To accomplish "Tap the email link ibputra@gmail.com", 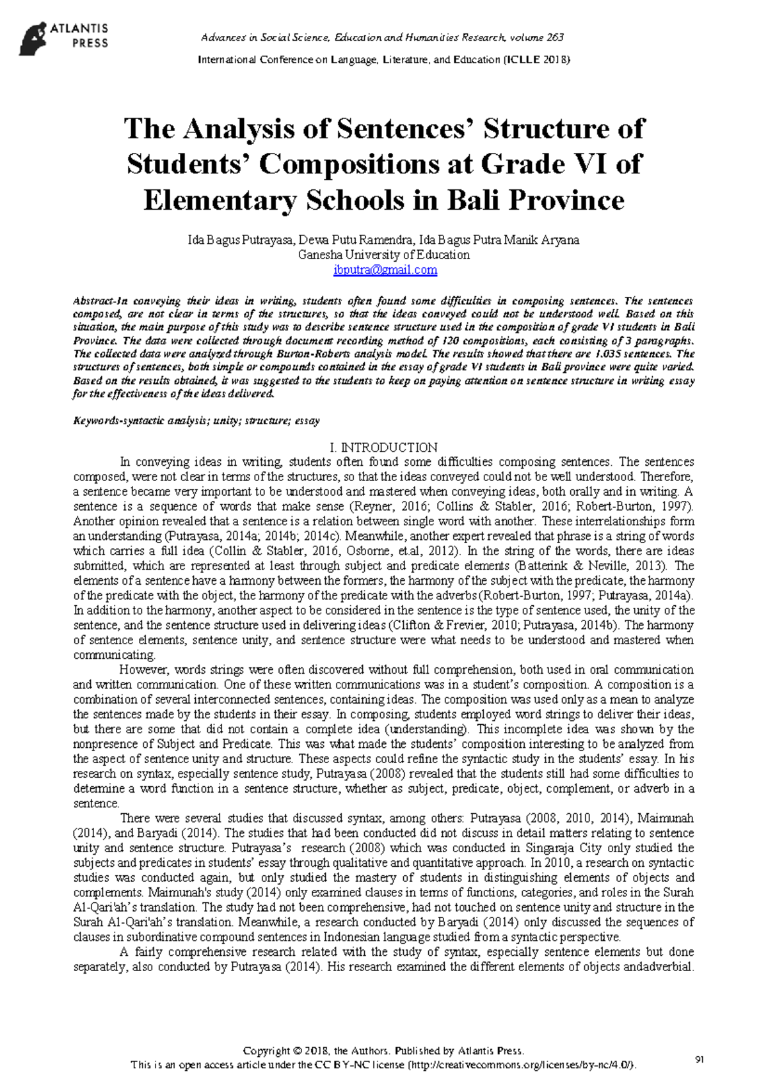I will pos(385,270).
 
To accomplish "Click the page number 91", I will pos(699,1060).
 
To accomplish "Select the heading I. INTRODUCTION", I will pos(383,447).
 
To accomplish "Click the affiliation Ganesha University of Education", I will pos(384,255).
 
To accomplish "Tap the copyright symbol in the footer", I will pos(298,1051).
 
